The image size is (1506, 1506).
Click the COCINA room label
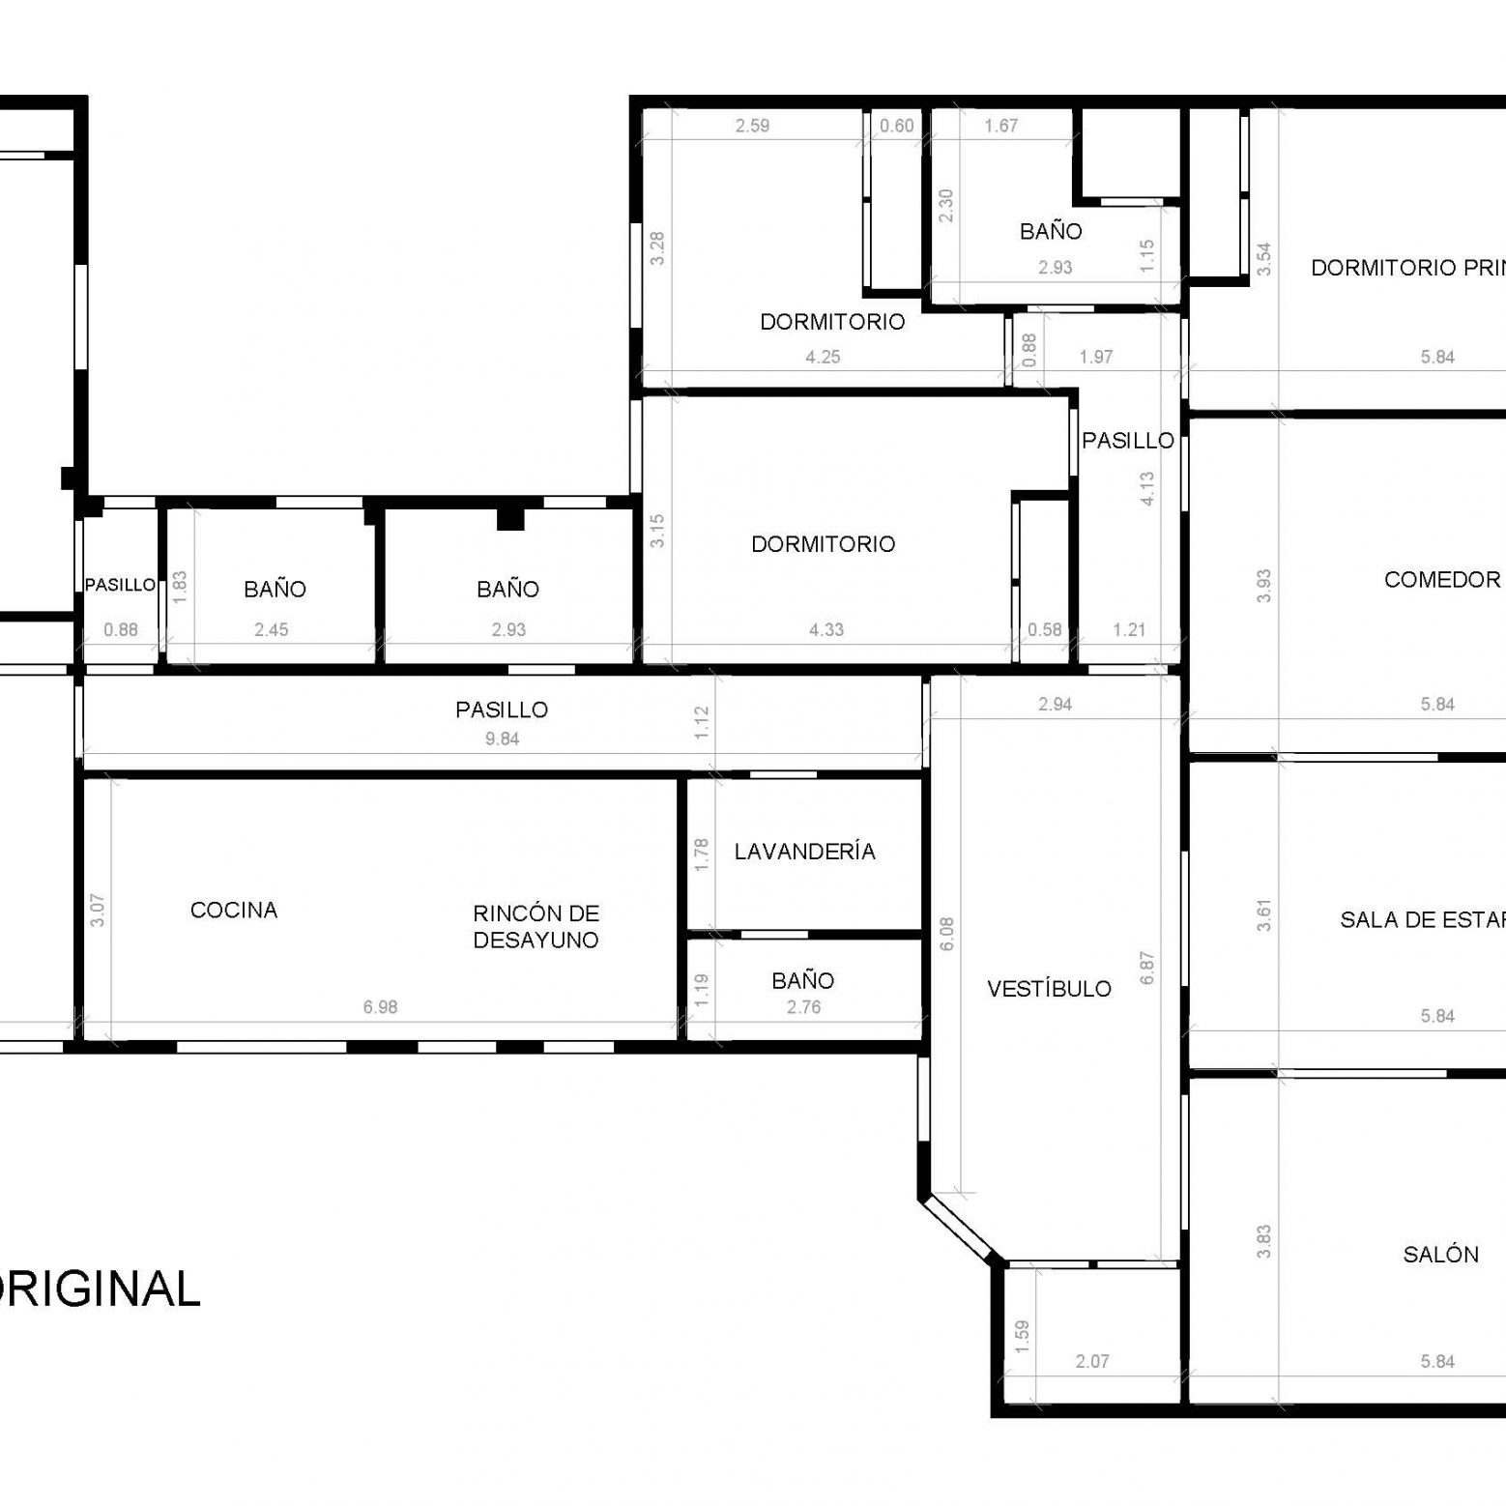click(234, 911)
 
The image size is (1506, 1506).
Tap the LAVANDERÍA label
click(804, 852)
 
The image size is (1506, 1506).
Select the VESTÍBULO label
click(1049, 989)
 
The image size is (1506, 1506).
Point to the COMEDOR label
click(1442, 580)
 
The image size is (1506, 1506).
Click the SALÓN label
click(1440, 1255)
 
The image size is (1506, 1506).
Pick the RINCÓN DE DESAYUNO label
click(536, 927)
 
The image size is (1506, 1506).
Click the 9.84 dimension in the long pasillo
click(502, 739)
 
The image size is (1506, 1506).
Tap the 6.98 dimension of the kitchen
click(380, 1007)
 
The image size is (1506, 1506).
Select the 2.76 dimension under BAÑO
click(803, 1007)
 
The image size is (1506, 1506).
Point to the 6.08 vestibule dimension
click(946, 934)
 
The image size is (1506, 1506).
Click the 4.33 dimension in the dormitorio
click(825, 630)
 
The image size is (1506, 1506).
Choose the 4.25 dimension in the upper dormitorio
click(823, 357)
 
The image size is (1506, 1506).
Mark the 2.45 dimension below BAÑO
click(272, 630)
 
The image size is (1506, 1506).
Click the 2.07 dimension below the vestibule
click(1092, 1361)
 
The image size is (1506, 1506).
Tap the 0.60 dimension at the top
click(896, 126)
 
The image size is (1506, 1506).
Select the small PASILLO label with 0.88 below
click(120, 585)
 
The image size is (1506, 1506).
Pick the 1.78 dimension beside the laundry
click(702, 854)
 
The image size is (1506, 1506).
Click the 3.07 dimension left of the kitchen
click(98, 911)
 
